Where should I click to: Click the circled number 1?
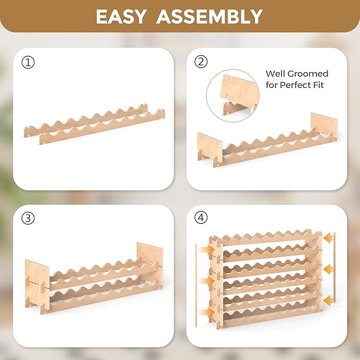click(x=28, y=63)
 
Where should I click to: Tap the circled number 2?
click(x=201, y=62)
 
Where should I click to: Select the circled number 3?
click(x=28, y=218)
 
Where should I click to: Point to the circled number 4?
click(x=201, y=217)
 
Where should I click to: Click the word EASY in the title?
click(x=121, y=16)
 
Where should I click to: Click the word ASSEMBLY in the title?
click(x=209, y=16)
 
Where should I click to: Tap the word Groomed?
click(x=308, y=74)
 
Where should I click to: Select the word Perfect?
click(x=295, y=85)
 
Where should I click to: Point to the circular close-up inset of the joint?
click(x=233, y=96)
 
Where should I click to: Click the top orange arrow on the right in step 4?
click(x=329, y=238)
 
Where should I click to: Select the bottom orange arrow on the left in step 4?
click(x=207, y=312)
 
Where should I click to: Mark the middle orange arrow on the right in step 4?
click(x=329, y=269)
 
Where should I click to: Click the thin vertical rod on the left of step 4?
click(x=196, y=285)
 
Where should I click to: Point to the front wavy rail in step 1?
click(x=102, y=127)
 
